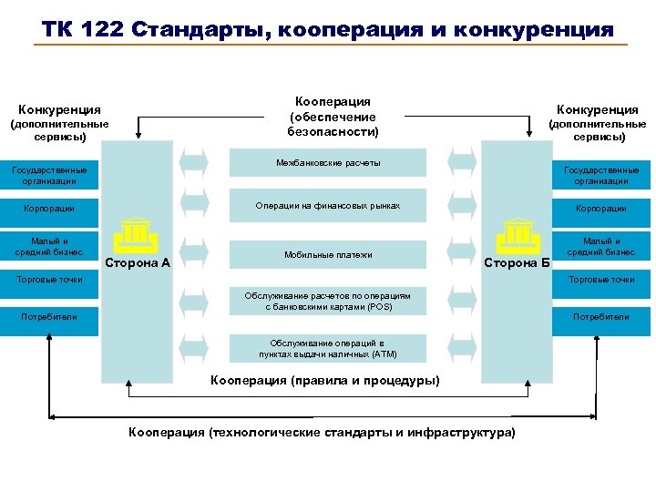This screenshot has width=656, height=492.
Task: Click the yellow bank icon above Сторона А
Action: coord(133,236)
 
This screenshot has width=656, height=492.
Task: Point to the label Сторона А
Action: coord(138,263)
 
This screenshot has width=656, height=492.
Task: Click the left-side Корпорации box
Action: coord(50,210)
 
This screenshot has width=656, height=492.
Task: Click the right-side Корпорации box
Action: coord(601,209)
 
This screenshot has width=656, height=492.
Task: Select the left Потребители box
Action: coord(50,317)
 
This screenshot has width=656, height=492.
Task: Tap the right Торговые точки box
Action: coord(601,280)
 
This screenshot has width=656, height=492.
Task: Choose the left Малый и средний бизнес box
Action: coord(50,246)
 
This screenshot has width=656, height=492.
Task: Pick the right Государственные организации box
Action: coord(601,175)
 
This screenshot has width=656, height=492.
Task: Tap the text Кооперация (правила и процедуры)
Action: coord(324,380)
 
